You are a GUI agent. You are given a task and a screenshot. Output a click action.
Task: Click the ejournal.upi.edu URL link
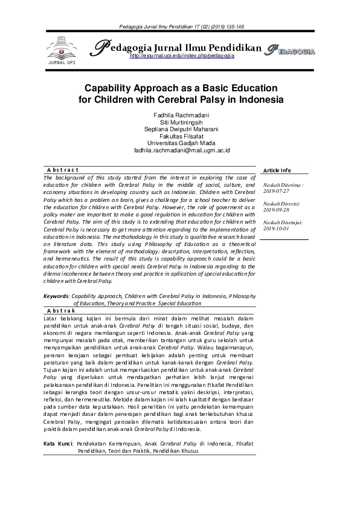coord(182,56)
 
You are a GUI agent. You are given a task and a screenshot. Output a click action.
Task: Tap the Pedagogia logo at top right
coord(290,51)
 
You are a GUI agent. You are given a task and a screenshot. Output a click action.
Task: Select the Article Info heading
coord(277,170)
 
